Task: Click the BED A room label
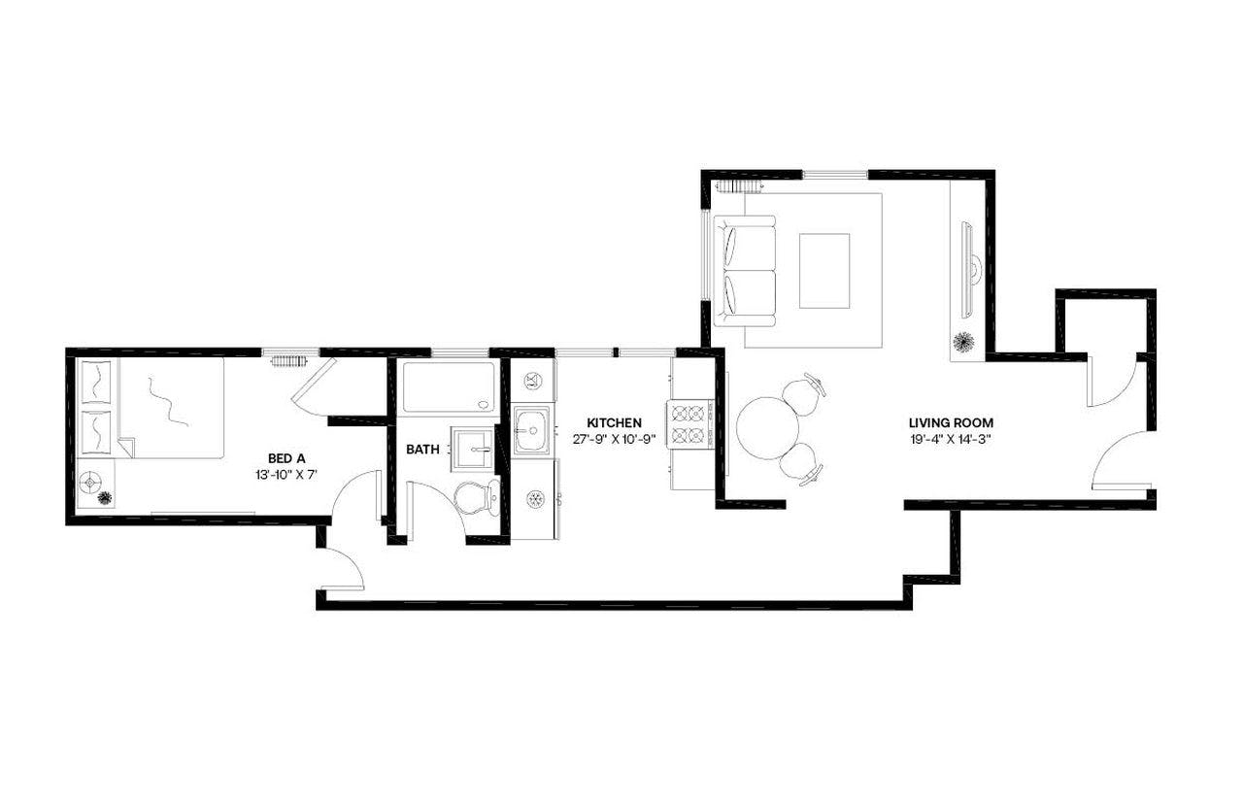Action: tap(286, 458)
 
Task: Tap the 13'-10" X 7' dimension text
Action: tap(286, 476)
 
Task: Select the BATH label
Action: tap(422, 450)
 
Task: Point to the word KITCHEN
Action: tap(614, 422)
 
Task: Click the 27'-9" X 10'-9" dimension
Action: tap(614, 439)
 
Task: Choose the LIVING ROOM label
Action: tap(951, 422)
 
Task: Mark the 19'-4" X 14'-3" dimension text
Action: tap(951, 439)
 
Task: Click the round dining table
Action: tap(767, 427)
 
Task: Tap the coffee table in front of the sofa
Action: tap(823, 270)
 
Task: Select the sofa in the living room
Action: tap(746, 271)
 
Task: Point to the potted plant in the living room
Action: tap(964, 343)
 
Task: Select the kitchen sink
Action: tap(532, 428)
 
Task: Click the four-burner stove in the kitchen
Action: tap(689, 423)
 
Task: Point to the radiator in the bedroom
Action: tap(289, 361)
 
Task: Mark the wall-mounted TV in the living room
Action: tap(967, 269)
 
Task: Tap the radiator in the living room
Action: tap(735, 185)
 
